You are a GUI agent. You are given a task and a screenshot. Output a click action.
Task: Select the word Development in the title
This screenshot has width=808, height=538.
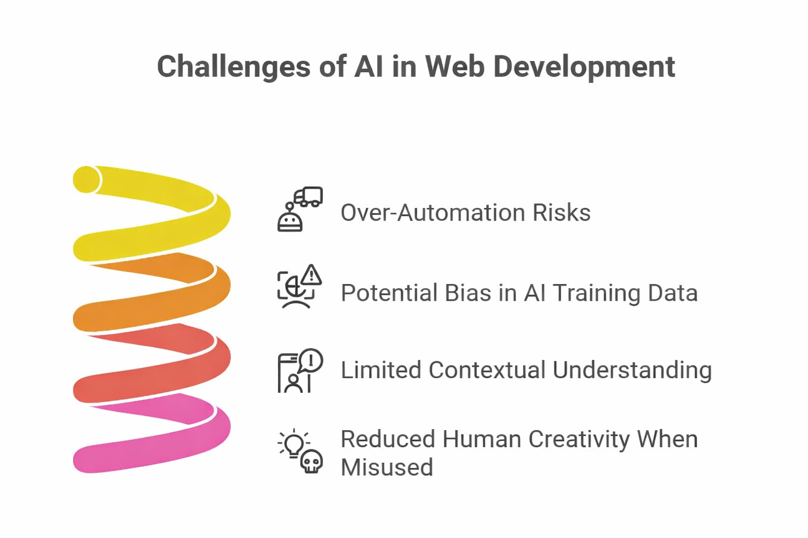(584, 67)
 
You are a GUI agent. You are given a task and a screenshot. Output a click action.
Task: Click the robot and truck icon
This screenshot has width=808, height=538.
(299, 210)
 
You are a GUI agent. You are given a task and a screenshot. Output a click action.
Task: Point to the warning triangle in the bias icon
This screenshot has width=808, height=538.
(310, 275)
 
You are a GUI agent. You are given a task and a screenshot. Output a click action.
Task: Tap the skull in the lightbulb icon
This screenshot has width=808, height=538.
(311, 461)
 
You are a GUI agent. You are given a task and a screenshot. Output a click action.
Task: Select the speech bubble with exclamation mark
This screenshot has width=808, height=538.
(310, 360)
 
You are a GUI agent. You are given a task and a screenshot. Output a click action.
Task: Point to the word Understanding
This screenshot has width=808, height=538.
(632, 370)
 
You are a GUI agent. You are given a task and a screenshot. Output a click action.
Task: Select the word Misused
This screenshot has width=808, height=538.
(387, 466)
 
